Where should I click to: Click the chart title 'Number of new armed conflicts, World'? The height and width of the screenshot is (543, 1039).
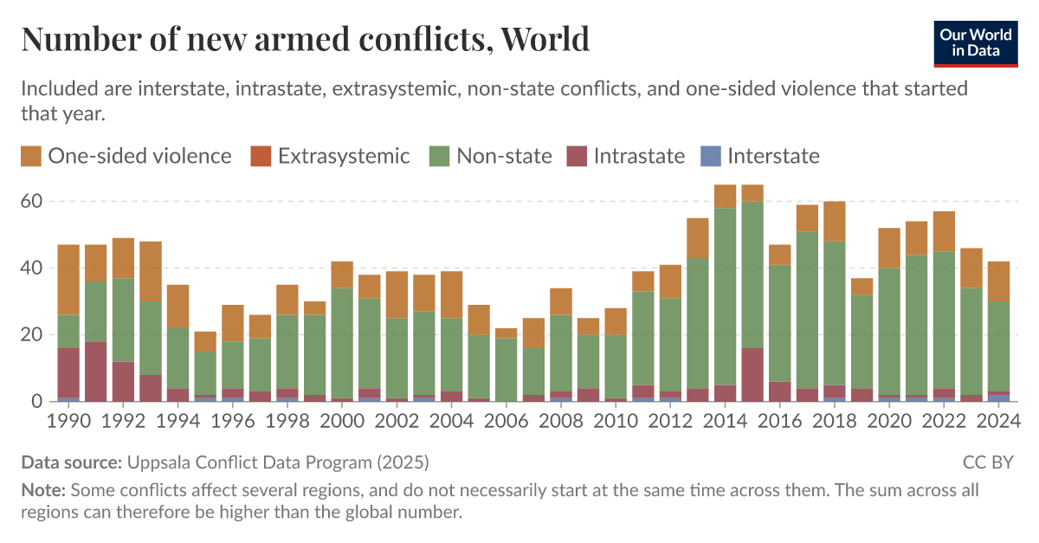pos(305,40)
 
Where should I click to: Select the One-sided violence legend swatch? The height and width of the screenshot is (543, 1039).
pos(31,156)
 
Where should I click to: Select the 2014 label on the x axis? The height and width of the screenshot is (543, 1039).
pos(725,421)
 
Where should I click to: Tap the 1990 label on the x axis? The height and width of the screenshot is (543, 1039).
pos(68,421)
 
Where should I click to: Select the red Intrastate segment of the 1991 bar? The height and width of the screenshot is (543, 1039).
pos(96,371)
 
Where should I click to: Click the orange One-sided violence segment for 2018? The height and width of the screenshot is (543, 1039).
pos(835,221)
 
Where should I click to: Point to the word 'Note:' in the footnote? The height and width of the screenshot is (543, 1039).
pos(43,490)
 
